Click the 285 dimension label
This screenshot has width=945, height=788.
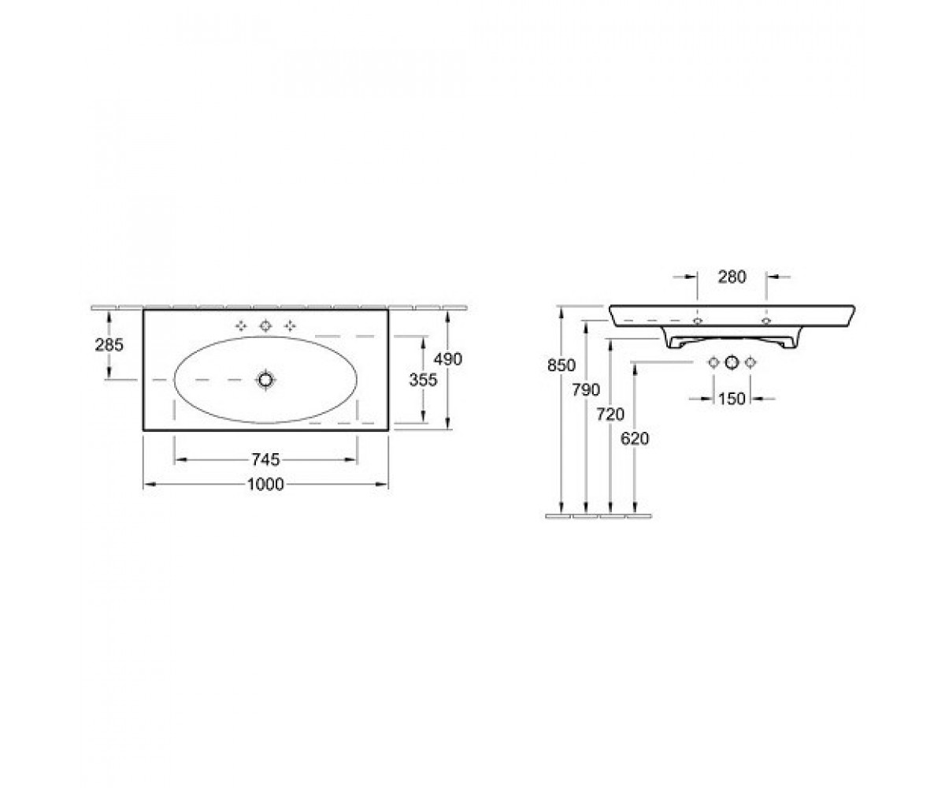pos(109,345)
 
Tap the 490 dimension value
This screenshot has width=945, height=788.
pos(448,359)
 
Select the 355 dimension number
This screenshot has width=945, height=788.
pos(423,380)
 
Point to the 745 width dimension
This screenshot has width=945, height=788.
pos(265,459)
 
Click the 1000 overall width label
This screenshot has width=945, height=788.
pos(265,484)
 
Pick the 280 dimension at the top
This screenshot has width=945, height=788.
pos(732,277)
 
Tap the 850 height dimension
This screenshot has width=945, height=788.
pos(561,365)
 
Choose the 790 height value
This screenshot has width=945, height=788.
pos(586,389)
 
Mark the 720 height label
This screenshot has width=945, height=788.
pos(610,414)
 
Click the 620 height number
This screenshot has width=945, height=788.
pos(635,438)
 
